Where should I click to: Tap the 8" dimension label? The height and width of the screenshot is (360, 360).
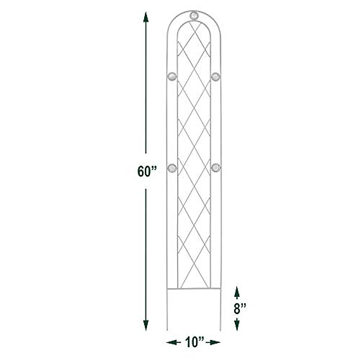(240, 308)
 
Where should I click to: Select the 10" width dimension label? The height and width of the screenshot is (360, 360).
(193, 342)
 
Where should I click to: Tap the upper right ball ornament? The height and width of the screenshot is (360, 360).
(215, 76)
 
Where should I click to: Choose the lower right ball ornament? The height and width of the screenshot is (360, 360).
(215, 168)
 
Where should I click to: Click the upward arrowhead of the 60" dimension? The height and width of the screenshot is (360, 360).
(146, 17)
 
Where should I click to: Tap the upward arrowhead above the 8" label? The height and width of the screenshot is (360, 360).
(237, 291)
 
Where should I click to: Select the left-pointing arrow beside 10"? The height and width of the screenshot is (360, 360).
(171, 342)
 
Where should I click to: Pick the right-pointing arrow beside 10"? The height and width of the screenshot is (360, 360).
(215, 342)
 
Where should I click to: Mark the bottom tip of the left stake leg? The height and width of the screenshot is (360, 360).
(167, 330)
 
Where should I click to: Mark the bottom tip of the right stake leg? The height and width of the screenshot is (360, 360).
(220, 330)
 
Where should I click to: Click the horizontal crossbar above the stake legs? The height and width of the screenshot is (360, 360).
(193, 289)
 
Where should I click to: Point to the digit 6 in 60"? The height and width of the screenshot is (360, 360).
(141, 171)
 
